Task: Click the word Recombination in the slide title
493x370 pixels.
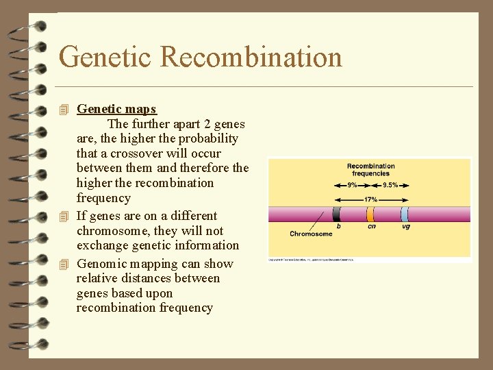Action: (251, 57)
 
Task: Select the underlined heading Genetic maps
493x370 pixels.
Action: (116, 109)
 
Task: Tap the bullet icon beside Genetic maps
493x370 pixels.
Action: (65, 110)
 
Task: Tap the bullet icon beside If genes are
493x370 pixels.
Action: (65, 217)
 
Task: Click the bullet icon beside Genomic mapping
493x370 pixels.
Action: (65, 264)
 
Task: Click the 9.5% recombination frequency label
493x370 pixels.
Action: (390, 185)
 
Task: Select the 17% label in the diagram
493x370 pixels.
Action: (370, 199)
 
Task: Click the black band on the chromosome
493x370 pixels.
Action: (337, 214)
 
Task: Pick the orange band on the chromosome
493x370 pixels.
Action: (370, 214)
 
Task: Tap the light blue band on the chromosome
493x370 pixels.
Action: (405, 214)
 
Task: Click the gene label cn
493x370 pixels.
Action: (371, 227)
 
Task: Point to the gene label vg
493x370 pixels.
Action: (406, 227)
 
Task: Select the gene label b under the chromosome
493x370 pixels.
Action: (338, 227)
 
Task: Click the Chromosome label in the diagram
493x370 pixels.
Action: (310, 234)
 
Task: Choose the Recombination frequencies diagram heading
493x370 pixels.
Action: (370, 169)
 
